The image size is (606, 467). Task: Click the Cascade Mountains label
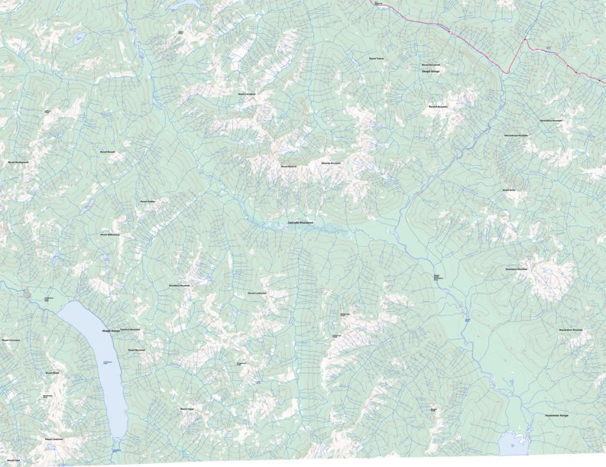pos(300,222)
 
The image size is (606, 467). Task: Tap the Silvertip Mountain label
pos(330,163)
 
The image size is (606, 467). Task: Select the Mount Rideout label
pos(287,166)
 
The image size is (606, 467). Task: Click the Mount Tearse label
pos(376,58)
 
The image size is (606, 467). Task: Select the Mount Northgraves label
pos(18,162)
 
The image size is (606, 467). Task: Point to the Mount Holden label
pos(147,202)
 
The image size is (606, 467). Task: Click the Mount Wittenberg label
pos(109,235)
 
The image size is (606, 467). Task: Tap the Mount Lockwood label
pos(257,293)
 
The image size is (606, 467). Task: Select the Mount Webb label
pos(52,373)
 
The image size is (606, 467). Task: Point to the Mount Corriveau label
pos(11,341)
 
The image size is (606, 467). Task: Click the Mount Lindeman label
pos(53,439)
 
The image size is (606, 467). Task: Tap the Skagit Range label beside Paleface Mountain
pos(111,332)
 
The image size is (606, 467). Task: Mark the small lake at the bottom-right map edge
pos(510,443)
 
